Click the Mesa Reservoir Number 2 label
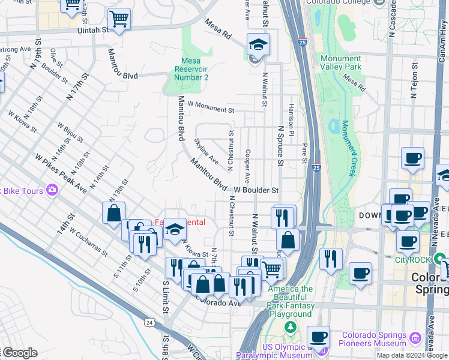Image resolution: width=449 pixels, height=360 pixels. (194, 69)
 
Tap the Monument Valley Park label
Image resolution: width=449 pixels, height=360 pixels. (340, 63)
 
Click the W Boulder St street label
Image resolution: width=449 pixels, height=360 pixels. (256, 190)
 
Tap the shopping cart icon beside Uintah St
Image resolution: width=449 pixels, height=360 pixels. (118, 19)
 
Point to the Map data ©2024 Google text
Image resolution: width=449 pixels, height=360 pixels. (411, 355)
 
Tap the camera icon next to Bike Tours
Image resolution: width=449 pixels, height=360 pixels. (52, 190)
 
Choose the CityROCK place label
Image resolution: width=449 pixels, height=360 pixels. (413, 260)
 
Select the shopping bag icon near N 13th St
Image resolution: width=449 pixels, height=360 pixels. (113, 214)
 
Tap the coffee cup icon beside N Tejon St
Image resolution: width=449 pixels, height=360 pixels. (412, 159)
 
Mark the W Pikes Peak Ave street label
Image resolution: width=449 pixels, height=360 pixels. (61, 174)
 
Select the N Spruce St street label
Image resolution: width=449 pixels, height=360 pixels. (280, 146)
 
